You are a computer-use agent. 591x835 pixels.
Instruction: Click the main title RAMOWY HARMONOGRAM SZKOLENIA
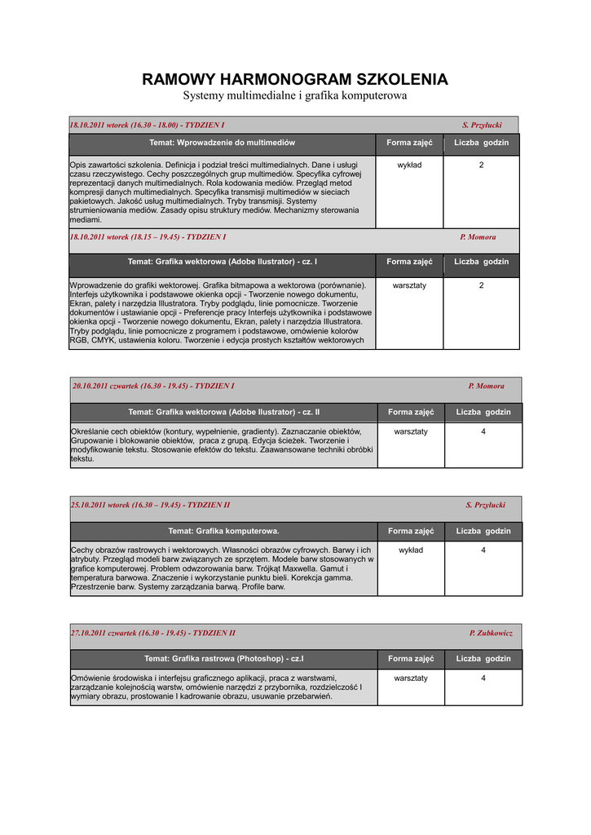click(295, 79)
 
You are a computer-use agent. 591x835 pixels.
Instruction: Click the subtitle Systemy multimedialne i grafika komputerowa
click(295, 96)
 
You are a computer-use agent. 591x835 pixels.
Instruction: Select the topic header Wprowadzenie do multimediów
click(222, 143)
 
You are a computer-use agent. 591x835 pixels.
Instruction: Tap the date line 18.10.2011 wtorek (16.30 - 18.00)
click(148, 125)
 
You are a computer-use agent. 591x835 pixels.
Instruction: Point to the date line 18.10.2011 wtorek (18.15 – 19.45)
click(148, 237)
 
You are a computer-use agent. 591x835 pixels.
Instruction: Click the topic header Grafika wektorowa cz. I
click(222, 262)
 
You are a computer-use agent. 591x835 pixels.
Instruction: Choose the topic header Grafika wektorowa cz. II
click(223, 413)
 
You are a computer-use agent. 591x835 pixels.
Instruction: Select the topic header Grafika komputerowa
click(223, 532)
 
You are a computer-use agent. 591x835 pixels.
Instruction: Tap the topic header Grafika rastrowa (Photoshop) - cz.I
click(223, 659)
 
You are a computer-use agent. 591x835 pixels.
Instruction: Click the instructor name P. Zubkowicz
click(491, 634)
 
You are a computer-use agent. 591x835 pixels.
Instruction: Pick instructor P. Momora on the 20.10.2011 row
click(486, 387)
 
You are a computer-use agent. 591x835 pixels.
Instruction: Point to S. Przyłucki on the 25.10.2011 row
click(486, 506)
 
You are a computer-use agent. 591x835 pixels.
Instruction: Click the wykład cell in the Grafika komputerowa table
click(411, 550)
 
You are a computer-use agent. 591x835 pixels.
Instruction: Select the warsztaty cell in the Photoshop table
click(411, 678)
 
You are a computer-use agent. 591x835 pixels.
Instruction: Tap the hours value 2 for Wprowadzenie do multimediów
click(481, 166)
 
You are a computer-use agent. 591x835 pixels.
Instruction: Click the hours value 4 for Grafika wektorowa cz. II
click(483, 431)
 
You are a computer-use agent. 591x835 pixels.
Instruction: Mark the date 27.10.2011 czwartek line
click(153, 634)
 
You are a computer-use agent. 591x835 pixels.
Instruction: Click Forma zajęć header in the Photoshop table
click(411, 659)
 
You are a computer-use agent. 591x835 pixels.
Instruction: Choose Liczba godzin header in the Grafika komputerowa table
click(483, 532)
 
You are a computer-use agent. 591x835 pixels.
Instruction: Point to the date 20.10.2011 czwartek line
click(153, 387)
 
